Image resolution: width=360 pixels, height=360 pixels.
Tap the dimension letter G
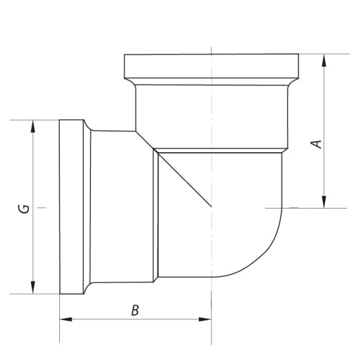coord(24,209)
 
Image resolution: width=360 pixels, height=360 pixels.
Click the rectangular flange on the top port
coord(211,66)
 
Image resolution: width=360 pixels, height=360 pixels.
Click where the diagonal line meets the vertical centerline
coord(211,207)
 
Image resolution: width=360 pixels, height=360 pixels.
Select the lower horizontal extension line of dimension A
coord(303,207)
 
